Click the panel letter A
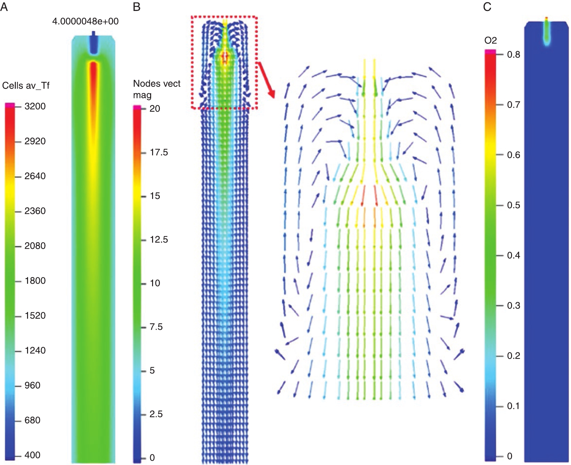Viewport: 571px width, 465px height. pos(4,7)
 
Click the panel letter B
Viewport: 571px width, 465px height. pos(137,7)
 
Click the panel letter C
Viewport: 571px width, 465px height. pos(487,7)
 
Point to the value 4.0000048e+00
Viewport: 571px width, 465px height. pos(85,22)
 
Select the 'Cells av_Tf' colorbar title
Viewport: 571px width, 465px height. pos(26,85)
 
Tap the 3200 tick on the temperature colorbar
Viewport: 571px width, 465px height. pos(35,107)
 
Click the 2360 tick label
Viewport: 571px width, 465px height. pos(35,211)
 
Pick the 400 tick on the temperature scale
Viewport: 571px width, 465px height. pos(32,455)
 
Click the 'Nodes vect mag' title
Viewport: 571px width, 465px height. pos(157,89)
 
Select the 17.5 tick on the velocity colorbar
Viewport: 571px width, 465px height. pos(159,152)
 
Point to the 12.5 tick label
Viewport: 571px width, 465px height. pos(159,240)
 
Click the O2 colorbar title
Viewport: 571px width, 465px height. pos(490,41)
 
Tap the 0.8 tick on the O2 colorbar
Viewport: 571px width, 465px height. pos(513,55)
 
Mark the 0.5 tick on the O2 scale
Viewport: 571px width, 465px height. pos(513,205)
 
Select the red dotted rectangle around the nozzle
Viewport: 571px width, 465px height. pos(224,16)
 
